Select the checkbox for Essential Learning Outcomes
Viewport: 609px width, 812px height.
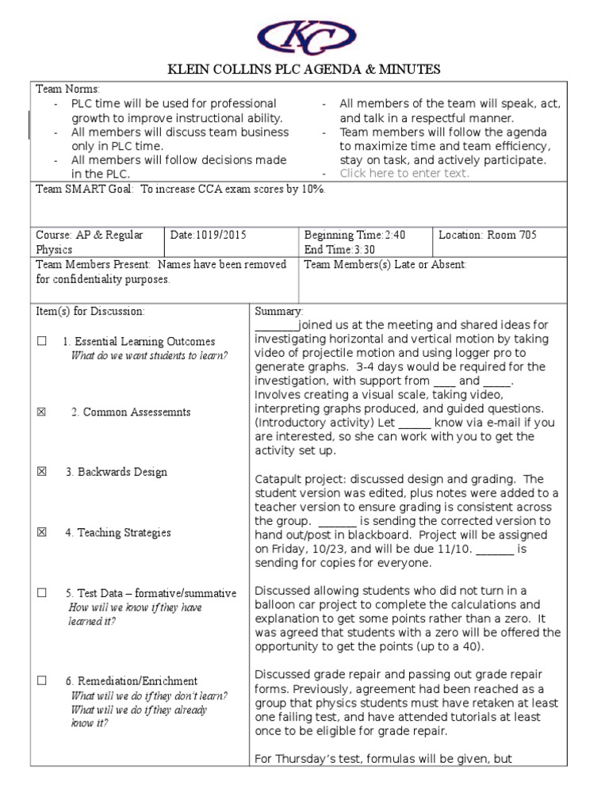pyautogui.click(x=41, y=342)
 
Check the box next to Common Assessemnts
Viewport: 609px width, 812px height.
pyautogui.click(x=41, y=412)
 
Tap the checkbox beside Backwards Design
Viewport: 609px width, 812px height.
pyautogui.click(x=41, y=472)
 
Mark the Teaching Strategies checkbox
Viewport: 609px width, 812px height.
pyautogui.click(x=41, y=533)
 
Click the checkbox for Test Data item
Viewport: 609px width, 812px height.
pyautogui.click(x=41, y=593)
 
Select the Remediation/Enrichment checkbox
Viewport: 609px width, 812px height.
pyautogui.click(x=41, y=681)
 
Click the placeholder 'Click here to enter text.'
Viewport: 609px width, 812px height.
pyautogui.click(x=404, y=173)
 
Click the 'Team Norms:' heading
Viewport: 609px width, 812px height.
pyautogui.click(x=68, y=89)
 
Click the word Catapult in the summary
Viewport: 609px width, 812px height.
pyautogui.click(x=279, y=479)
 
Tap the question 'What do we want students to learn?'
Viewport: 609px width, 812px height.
pyautogui.click(x=149, y=355)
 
